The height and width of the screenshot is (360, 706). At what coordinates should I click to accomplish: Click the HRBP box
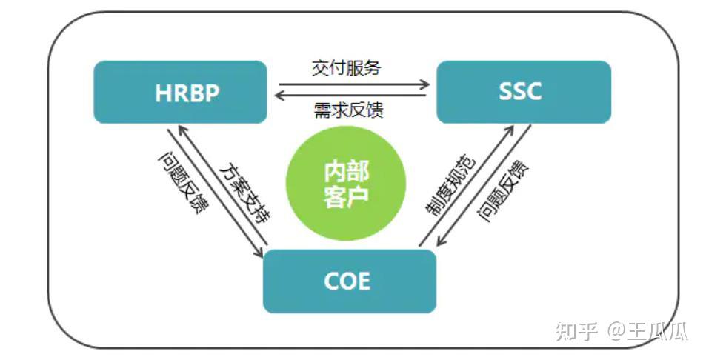click(x=180, y=92)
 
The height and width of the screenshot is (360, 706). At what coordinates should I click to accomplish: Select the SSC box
click(x=523, y=92)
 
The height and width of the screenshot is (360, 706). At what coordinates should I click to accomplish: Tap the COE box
click(x=350, y=281)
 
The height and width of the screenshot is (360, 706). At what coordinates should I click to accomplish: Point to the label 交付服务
click(x=346, y=67)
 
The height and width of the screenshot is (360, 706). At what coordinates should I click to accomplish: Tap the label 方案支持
click(x=245, y=190)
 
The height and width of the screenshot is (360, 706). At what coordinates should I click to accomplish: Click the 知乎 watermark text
click(x=575, y=331)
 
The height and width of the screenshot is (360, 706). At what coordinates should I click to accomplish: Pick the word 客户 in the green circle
click(x=346, y=198)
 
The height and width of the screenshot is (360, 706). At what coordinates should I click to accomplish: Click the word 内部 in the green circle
click(x=346, y=171)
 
